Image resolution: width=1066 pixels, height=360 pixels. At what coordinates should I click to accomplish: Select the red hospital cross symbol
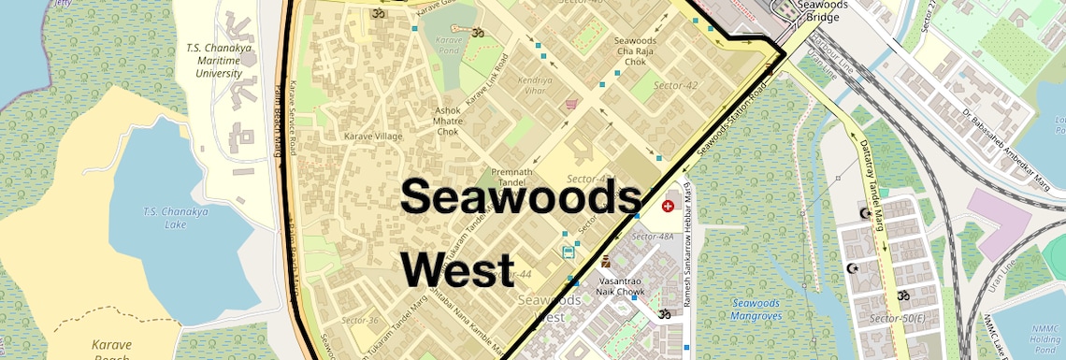point(668,205)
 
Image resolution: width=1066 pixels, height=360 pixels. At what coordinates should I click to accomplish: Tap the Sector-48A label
point(653,238)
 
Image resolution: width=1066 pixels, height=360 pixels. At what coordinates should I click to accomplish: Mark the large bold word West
point(458,269)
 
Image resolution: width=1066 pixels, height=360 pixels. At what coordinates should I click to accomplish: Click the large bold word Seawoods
point(521,198)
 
